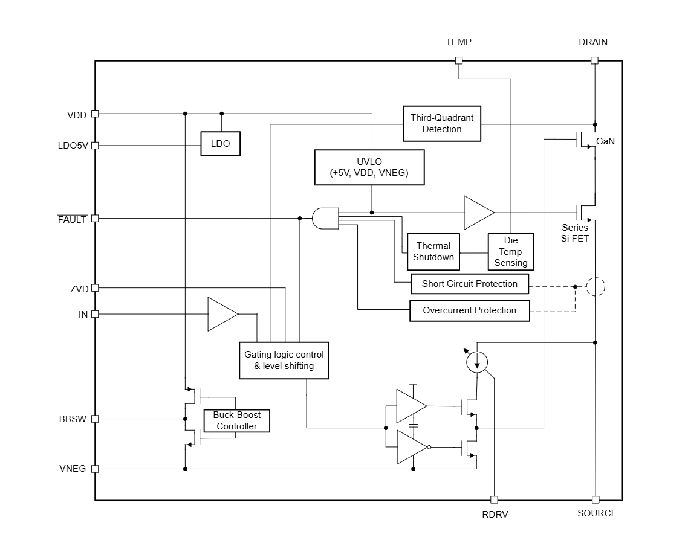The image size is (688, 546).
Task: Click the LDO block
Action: point(220,144)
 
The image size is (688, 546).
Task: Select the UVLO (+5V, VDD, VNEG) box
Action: point(369,167)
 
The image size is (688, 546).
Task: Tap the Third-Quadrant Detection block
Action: point(442,124)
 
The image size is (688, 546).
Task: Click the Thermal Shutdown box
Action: point(433,251)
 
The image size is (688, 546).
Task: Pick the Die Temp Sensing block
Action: point(511,251)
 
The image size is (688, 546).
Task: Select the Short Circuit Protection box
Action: point(470,284)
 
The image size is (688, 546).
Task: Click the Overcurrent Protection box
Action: point(470,310)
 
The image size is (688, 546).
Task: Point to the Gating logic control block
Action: point(284,360)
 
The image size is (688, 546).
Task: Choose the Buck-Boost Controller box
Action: point(237,421)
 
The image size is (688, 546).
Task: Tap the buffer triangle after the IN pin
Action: point(221,314)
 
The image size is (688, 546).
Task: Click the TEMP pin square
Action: point(459,60)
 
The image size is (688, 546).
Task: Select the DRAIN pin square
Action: point(594,60)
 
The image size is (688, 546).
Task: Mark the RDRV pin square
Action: point(494,499)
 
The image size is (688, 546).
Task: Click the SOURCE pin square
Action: point(596,499)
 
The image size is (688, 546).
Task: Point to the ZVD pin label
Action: point(79,289)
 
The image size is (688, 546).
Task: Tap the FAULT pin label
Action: point(72,220)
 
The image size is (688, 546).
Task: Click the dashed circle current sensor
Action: point(596,287)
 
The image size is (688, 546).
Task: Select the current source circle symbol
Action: point(477,362)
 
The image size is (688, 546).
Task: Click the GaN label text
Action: point(605,141)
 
